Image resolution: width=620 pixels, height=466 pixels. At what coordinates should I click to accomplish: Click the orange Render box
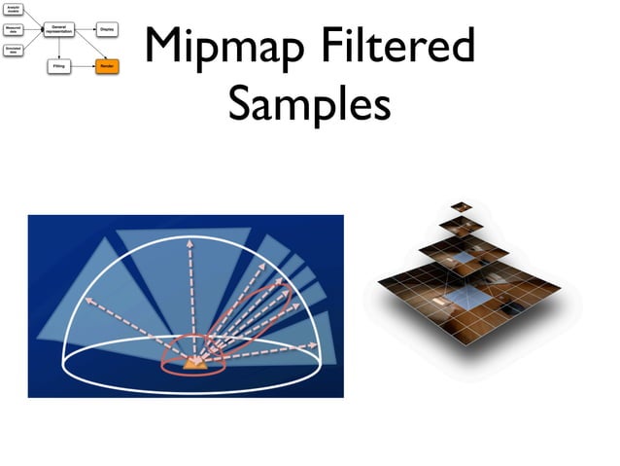pos(107,67)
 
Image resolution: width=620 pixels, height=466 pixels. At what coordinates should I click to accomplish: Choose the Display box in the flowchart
pos(107,30)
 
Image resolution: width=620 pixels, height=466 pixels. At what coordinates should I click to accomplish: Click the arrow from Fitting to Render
pos(85,67)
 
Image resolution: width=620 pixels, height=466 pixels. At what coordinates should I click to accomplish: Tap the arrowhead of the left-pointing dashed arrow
pos(89,301)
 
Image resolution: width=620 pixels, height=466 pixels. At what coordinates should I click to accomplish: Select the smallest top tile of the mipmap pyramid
pos(461,205)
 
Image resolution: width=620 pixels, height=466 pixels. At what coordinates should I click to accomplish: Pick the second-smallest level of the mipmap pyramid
pos(461,225)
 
